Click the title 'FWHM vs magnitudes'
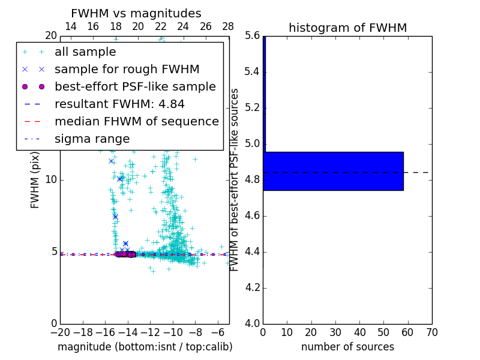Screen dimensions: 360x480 [x=136, y=13]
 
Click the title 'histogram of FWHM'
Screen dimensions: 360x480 [x=347, y=28]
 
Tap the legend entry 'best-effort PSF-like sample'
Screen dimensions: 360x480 [x=135, y=86]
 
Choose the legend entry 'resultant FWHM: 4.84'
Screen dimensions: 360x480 [x=119, y=104]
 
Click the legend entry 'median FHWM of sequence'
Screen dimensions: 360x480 [x=137, y=121]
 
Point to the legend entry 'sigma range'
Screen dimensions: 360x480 [x=92, y=139]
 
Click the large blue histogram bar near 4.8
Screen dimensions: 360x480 [x=333, y=171]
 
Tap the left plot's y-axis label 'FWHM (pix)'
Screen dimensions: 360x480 [x=35, y=179]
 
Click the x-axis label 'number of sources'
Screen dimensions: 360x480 [x=347, y=347]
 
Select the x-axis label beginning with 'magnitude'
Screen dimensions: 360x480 [x=145, y=347]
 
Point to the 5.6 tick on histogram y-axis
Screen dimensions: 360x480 [x=251, y=36]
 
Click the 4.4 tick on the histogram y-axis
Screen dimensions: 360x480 [x=251, y=251]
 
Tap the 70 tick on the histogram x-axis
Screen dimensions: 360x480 [x=431, y=332]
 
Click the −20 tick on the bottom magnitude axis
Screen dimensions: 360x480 [x=60, y=332]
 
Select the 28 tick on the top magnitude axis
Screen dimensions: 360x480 [x=229, y=26]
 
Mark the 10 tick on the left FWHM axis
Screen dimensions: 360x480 [x=51, y=180]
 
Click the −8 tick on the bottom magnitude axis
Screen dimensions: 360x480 [x=195, y=332]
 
